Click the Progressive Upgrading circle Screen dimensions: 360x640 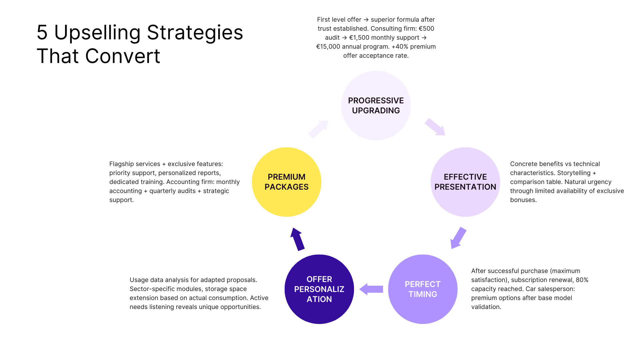pos(376,105)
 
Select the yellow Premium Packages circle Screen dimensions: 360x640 pos(286,182)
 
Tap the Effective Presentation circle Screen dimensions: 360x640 pos(465,182)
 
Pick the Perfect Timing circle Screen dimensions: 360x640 pos(423,289)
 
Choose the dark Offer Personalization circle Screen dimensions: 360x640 pos(319,289)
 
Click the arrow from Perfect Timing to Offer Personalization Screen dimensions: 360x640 pos(371,289)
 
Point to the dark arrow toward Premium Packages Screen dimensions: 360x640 pos(297,239)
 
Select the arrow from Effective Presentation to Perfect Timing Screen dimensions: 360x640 pos(458,238)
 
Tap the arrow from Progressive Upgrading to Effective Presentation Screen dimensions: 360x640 pos(435,127)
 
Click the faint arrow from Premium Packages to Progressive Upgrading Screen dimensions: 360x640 pos(318,129)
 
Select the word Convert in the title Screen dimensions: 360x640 pos(123,56)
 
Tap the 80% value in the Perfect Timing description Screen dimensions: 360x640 pos(582,280)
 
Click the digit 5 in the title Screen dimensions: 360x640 pos(42,33)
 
